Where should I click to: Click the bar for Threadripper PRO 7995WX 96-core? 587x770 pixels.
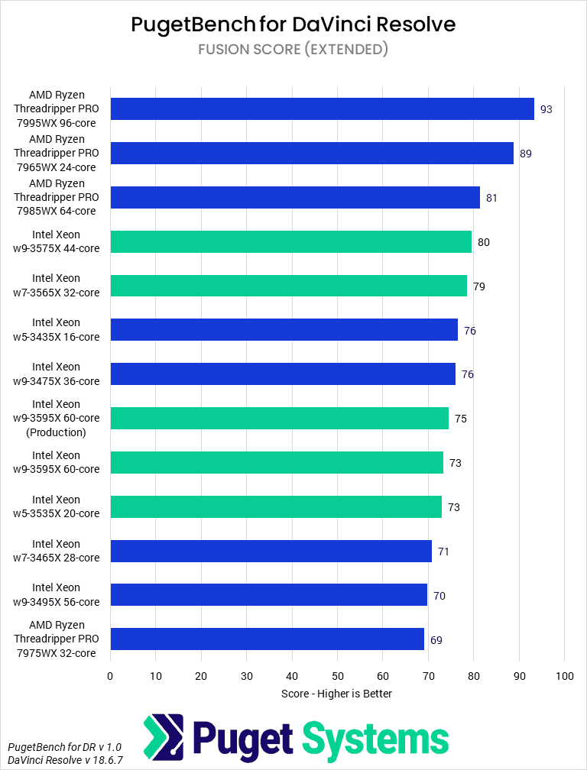[322, 109]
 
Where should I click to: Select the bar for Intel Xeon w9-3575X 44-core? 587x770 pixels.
[290, 242]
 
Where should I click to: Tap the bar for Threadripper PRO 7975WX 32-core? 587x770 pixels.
[267, 639]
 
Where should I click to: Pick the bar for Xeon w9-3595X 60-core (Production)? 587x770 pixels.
[279, 419]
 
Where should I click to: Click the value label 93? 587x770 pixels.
[546, 109]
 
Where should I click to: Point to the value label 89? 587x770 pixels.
[525, 154]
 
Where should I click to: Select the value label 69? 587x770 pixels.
[436, 640]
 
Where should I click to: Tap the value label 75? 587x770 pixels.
[460, 419]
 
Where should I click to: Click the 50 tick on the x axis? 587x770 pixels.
[337, 676]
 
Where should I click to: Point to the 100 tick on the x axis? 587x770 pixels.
[564, 676]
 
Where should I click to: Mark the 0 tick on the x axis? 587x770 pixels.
[110, 676]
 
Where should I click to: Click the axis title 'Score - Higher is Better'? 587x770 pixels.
[336, 694]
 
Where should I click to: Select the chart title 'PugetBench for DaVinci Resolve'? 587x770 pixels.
[293, 24]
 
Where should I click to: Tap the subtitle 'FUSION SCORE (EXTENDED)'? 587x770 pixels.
[293, 50]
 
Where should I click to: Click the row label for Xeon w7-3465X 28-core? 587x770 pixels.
[66, 551]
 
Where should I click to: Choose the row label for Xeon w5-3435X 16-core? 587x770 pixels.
[66, 330]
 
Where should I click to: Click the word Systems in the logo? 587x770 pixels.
[375, 739]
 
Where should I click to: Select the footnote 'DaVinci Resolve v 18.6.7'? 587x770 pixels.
[65, 760]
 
